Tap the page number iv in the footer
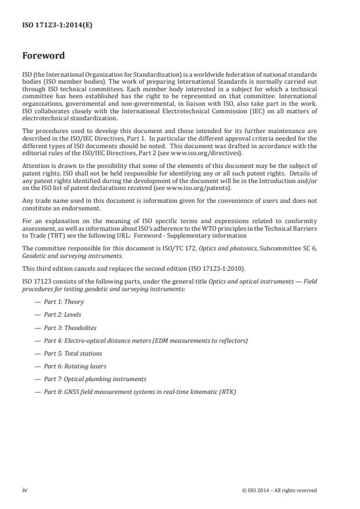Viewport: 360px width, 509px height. coord(25,490)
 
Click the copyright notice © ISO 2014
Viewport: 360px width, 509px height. coord(279,490)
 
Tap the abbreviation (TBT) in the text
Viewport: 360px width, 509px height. coord(55,235)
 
